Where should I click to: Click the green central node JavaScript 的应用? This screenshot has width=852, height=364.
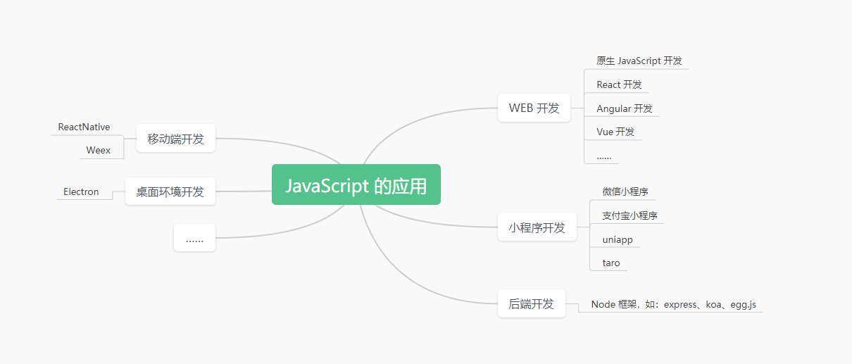point(356,185)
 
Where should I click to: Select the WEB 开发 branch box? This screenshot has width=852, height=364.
point(534,108)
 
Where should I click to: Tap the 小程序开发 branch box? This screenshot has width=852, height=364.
point(537,227)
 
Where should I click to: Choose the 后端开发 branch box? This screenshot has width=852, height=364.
point(531,303)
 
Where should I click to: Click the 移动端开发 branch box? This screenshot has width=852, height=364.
point(175,139)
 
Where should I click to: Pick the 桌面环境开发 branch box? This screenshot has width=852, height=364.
point(170,192)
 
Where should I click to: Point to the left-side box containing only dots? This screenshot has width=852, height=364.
point(194,239)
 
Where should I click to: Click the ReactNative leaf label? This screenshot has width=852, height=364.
point(84,127)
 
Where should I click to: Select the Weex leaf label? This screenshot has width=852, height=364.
point(98,150)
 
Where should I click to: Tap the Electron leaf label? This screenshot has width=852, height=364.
point(81,192)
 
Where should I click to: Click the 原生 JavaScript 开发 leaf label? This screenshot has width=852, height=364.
point(639,61)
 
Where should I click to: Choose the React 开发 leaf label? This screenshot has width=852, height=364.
point(619,84)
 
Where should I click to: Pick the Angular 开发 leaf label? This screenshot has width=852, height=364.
point(624,108)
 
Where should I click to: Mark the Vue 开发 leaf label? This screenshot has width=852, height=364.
point(615,132)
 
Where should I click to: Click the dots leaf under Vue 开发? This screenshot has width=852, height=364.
point(603,156)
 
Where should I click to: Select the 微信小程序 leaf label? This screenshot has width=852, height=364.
point(625,192)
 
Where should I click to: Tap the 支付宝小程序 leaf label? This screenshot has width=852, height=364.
point(629,215)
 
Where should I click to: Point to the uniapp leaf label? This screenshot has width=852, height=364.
point(617,239)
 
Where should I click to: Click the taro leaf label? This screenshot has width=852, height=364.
point(610,263)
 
